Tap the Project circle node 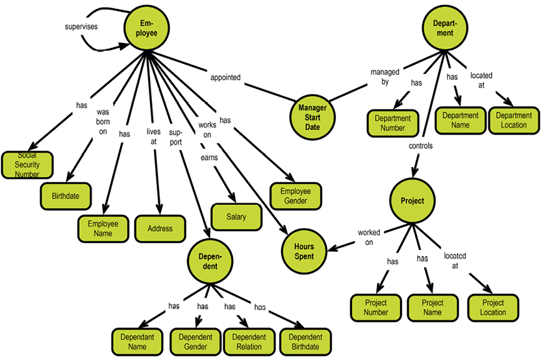(412, 201)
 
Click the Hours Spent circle (303, 250)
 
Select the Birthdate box (66, 195)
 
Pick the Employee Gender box (296, 196)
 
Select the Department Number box (393, 123)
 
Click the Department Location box (513, 120)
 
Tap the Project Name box (433, 307)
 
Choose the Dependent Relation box (249, 342)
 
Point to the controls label (420, 146)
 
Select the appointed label (225, 77)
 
